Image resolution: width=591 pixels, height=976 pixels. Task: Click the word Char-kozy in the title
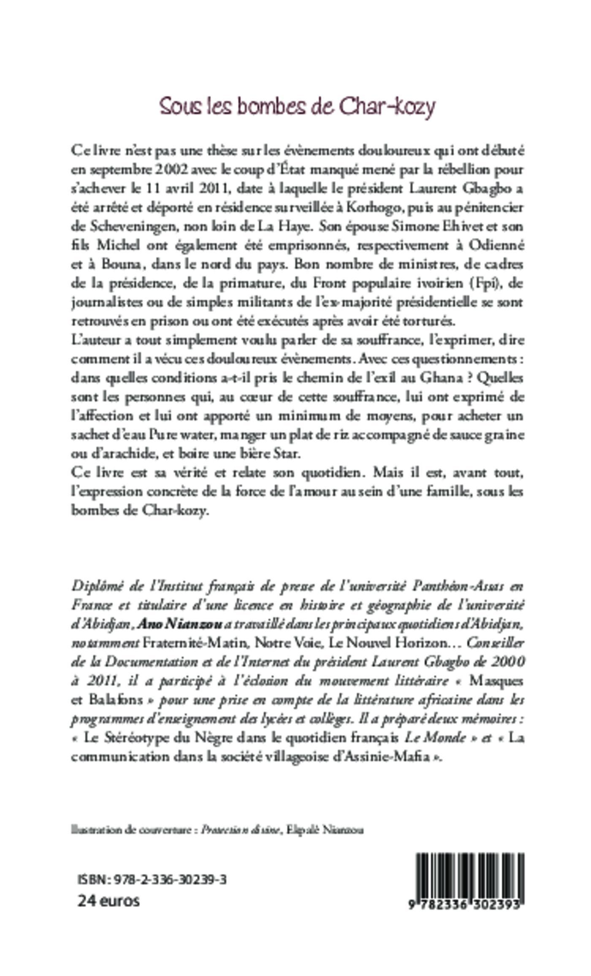(x=387, y=107)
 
